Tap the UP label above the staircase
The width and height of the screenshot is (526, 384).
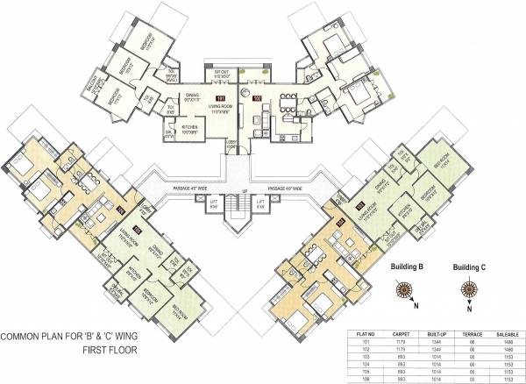point(237,188)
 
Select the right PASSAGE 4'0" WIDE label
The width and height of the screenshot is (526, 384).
point(281,188)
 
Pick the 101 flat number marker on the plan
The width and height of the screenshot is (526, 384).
point(222,98)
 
